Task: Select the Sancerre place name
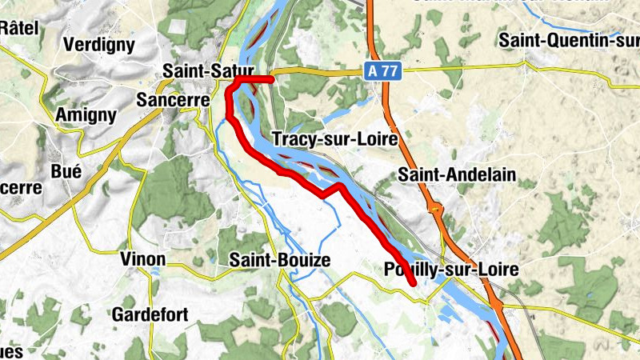[x=173, y=101]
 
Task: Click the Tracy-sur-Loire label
[x=335, y=139]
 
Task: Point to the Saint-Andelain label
[x=457, y=174]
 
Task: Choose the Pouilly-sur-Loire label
[x=451, y=269]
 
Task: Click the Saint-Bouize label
[x=279, y=259]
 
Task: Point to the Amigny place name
[x=86, y=115]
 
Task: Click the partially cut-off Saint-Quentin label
[x=568, y=39]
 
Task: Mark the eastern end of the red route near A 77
[x=272, y=79]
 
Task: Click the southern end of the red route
[x=414, y=283]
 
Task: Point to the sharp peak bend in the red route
[x=340, y=185]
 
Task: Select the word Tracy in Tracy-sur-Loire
[x=293, y=139]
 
